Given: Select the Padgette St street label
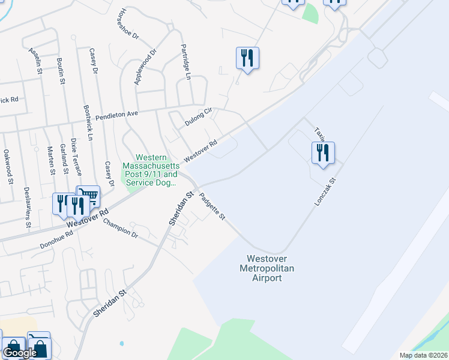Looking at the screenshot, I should [212, 206].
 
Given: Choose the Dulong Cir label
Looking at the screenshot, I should [199, 116].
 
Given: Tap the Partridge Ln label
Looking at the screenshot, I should [185, 62].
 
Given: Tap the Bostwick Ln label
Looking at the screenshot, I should [88, 124].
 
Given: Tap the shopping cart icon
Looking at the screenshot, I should [89, 196].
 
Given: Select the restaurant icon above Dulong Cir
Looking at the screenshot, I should [247, 58].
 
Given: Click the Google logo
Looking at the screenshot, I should [20, 353].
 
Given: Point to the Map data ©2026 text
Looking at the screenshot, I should [423, 355].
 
